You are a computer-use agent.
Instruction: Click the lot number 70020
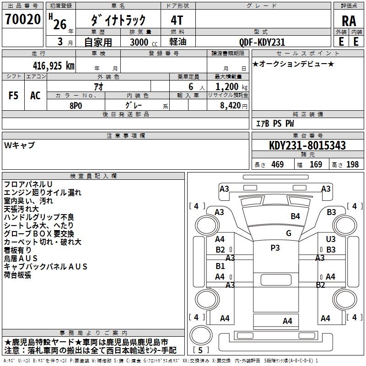22,20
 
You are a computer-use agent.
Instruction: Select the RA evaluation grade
349,21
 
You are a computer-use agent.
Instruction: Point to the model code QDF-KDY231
262,42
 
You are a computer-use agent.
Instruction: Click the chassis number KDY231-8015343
307,145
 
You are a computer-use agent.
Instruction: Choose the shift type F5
13,95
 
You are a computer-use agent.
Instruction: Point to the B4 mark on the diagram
295,216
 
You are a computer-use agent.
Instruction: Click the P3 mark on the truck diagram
275,248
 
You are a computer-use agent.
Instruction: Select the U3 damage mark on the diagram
331,239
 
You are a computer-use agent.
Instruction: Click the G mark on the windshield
289,233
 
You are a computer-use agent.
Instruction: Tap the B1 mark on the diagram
220,266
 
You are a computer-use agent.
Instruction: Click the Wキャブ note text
19,145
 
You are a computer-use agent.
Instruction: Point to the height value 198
352,165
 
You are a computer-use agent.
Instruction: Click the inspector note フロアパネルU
28,184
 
